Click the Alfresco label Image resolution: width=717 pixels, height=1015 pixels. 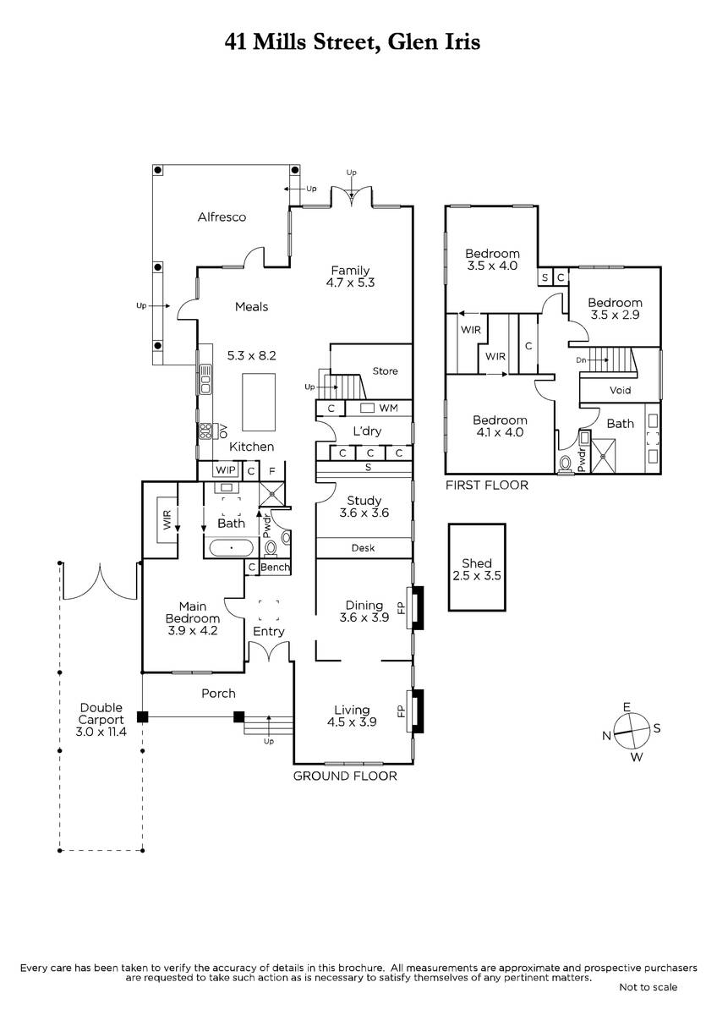click(222, 217)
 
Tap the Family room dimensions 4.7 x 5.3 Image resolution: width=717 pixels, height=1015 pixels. click(350, 283)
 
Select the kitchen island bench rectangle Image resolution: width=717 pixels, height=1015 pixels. click(259, 402)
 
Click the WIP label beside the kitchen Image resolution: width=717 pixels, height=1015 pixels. click(226, 470)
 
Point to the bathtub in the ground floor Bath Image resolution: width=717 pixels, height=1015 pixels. click(232, 547)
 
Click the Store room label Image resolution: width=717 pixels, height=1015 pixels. click(385, 371)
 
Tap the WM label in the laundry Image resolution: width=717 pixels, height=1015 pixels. click(388, 408)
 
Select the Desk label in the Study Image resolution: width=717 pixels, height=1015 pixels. click(363, 548)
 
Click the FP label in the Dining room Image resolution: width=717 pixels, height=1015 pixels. click(400, 607)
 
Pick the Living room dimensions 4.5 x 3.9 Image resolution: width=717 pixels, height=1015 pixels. click(352, 722)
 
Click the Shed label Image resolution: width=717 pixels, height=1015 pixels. click(477, 563)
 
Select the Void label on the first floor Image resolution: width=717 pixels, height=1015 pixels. click(620, 390)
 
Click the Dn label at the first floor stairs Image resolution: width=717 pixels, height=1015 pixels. click(581, 360)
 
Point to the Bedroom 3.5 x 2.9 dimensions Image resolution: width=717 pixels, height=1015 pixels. click(615, 315)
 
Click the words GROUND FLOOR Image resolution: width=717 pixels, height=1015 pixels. click(345, 776)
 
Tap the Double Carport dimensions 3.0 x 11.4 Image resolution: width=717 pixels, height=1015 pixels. click(101, 732)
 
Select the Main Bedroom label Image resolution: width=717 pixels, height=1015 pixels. click(193, 612)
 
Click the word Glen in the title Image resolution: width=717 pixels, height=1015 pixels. click(408, 42)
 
